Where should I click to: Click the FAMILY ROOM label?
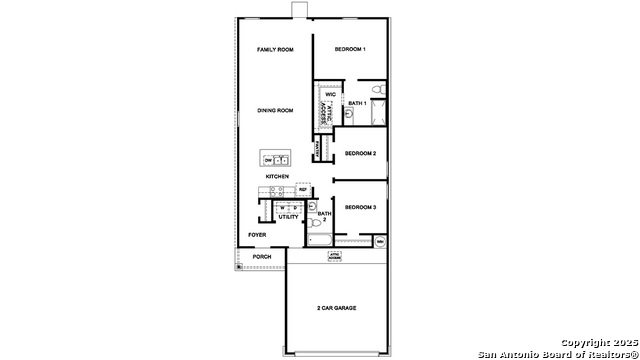274,49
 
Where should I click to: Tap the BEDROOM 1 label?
350,49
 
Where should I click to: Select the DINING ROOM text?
274,111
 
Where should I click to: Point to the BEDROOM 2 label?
360,153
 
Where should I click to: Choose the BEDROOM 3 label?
360,207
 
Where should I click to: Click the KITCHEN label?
277,177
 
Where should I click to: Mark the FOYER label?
257,236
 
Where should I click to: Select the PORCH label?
262,257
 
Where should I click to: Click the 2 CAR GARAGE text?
336,308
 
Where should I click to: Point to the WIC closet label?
330,95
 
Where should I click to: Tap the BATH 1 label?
357,104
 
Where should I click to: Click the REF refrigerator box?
303,188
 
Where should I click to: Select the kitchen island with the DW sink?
276,159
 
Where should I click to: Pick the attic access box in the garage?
336,257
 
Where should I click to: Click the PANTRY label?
317,150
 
